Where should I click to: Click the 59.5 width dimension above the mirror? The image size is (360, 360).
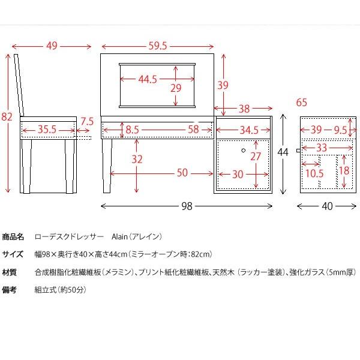(x=157, y=46)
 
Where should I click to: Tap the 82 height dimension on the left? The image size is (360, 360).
(x=7, y=118)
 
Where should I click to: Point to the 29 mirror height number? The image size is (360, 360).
(x=175, y=88)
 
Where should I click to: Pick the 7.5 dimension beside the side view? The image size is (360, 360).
(x=87, y=121)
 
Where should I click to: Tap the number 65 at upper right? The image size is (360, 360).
(x=301, y=102)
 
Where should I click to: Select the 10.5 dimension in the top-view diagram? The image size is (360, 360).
(x=314, y=173)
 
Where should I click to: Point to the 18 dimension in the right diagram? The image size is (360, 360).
(x=343, y=170)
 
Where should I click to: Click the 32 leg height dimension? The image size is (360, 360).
(x=137, y=160)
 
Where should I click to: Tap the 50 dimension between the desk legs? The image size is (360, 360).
(x=182, y=173)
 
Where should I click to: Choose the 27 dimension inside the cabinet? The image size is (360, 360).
(x=255, y=156)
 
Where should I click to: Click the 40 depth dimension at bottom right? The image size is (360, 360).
(x=327, y=206)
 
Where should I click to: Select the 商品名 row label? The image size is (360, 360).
(x=13, y=236)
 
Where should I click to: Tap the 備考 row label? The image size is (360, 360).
(x=9, y=290)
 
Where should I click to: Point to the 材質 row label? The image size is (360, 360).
(x=9, y=272)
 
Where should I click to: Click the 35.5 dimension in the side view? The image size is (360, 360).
(x=47, y=129)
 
